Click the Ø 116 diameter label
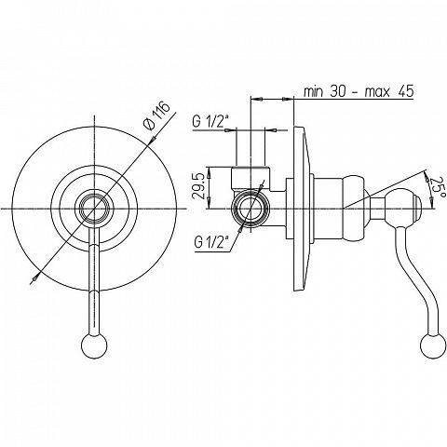[x=156, y=115]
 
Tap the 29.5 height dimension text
[x=198, y=187]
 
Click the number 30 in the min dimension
[x=338, y=91]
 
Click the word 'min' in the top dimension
[x=313, y=92]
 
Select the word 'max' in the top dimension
[x=376, y=93]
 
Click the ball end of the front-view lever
[x=94, y=345]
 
